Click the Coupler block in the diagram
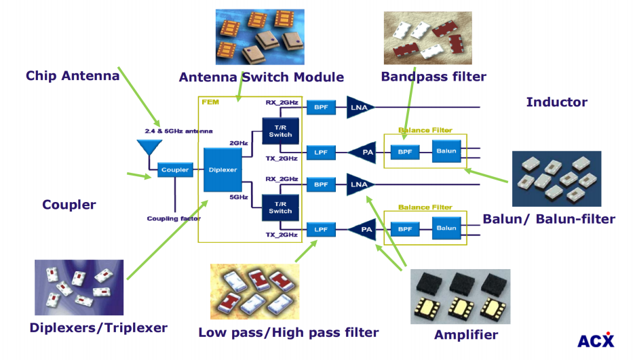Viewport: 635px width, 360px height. pos(174,170)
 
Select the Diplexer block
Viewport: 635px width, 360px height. pos(222,169)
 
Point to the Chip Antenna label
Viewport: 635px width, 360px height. pos(73,75)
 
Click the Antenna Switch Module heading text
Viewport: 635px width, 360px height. pos(261,77)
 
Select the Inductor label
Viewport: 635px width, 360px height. pos(556,102)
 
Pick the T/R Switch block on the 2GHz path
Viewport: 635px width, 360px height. pos(280,130)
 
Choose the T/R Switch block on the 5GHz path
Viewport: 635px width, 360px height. pos(280,206)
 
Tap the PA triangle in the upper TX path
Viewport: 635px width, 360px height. pos(364,153)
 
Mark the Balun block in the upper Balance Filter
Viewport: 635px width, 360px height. pos(446,152)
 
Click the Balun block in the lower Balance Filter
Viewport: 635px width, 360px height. pos(446,228)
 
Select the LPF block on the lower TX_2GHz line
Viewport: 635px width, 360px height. pos(321,230)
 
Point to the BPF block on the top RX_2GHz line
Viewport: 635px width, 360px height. pos(321,107)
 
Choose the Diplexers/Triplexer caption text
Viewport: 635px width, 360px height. pos(98,328)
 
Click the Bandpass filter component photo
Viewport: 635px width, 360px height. pos(427,38)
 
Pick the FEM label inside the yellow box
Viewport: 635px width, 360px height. pos(209,101)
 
